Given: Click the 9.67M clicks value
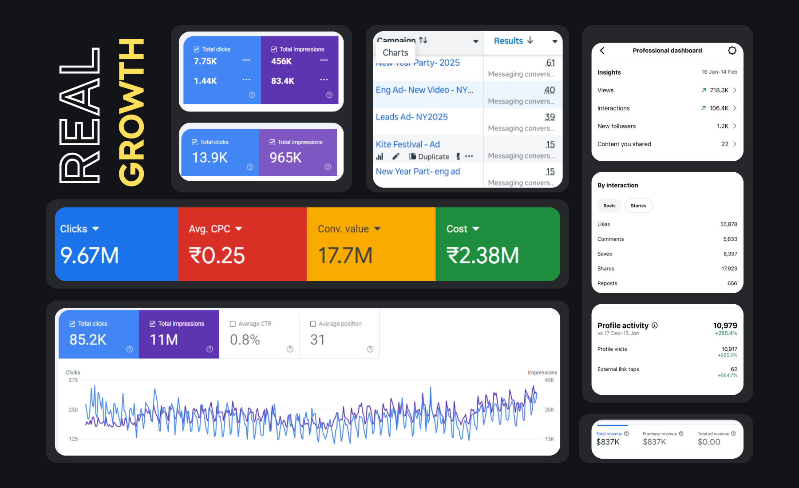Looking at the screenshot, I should [x=90, y=256].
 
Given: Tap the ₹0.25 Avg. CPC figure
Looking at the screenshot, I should [x=217, y=256].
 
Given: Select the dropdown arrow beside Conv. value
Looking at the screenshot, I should [x=377, y=229].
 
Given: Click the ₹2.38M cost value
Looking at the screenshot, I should [x=483, y=256].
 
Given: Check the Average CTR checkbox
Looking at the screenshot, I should [x=233, y=324].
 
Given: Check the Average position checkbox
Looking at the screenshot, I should [x=313, y=324].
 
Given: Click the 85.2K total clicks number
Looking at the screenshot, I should [x=88, y=340].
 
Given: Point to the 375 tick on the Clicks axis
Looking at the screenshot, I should [x=73, y=380].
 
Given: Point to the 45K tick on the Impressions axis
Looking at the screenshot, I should [x=549, y=380].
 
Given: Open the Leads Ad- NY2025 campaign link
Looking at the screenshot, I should [x=411, y=117].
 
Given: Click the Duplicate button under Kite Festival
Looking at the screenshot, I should [x=429, y=156].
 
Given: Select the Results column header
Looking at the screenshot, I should [x=509, y=41].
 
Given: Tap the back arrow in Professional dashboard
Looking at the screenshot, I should [x=602, y=51].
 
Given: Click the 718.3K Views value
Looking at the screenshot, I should [x=719, y=90].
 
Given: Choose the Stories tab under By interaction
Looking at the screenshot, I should [x=638, y=206].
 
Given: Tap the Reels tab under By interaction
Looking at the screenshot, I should [x=609, y=206].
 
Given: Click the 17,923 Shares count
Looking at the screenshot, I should [x=729, y=269].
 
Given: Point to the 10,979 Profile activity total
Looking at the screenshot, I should [x=725, y=325].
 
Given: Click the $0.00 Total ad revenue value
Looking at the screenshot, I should [x=709, y=442].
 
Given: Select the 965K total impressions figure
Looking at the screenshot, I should [x=285, y=158].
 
